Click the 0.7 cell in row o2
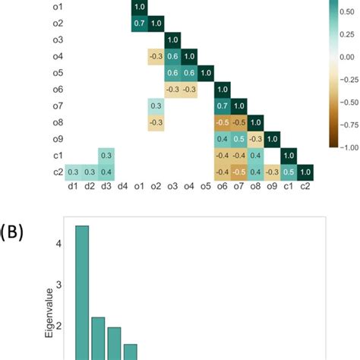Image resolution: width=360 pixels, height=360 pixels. pyautogui.click(x=139, y=23)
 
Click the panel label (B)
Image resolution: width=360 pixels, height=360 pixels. pyautogui.click(x=12, y=234)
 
